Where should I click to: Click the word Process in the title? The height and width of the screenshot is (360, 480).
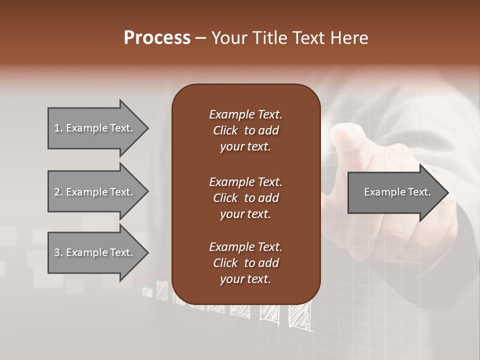coord(157,38)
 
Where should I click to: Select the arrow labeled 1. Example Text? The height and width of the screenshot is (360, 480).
coord(95,128)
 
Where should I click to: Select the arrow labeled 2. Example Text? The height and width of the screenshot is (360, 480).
coord(95,192)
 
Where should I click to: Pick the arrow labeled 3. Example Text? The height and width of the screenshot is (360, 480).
coord(95,252)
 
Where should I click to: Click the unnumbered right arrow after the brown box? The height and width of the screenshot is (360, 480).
coord(395,192)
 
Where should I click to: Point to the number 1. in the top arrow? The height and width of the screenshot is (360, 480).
coord(58,128)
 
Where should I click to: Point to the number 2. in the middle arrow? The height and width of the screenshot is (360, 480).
coord(58,192)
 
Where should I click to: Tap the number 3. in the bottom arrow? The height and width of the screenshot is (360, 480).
coord(58,252)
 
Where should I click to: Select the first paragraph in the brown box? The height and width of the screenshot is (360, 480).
coord(245,130)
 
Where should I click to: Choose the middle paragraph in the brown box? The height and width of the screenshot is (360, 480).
coord(245,197)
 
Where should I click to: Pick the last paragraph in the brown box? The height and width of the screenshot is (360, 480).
coord(245,263)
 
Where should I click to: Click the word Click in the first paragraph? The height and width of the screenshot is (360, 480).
coord(225,130)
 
